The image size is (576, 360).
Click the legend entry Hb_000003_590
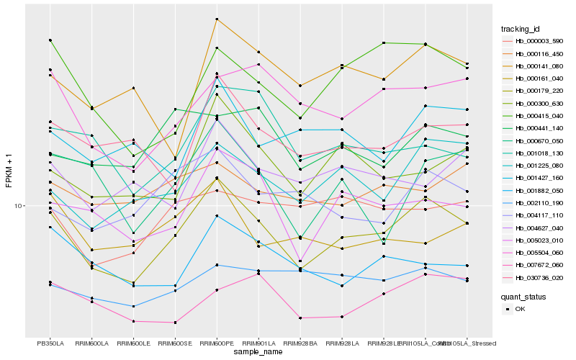click(x=539, y=42)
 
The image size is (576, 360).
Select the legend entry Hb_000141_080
click(x=539, y=66)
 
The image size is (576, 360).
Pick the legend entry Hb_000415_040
click(x=539, y=116)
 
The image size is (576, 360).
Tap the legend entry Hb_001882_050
click(x=539, y=190)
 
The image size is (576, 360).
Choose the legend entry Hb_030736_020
click(x=539, y=277)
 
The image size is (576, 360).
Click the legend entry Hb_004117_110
click(x=539, y=215)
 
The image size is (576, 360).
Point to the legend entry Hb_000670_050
click(x=539, y=140)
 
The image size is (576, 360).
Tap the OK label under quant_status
click(x=520, y=309)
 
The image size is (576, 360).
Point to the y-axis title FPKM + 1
click(x=9, y=171)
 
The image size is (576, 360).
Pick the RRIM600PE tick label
click(x=217, y=343)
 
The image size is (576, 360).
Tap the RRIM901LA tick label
click(x=258, y=343)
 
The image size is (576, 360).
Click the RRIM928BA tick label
click(x=300, y=343)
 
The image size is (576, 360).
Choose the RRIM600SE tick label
click(x=175, y=343)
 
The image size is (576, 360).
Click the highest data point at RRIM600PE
click(x=217, y=19)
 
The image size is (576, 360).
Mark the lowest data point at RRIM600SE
click(x=175, y=323)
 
